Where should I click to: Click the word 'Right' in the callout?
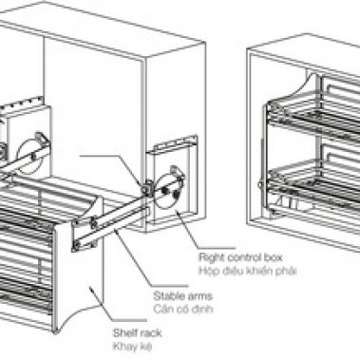coord(209,257)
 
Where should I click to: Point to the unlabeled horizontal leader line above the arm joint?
coord(109,156)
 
